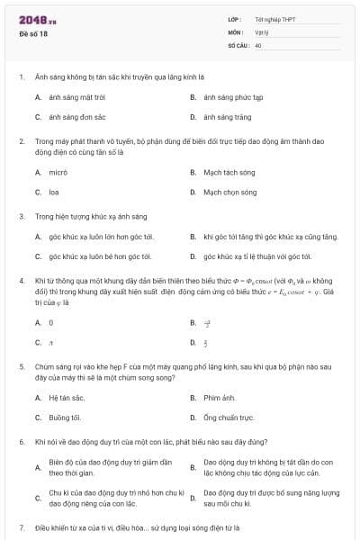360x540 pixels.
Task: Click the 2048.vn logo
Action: click(x=38, y=19)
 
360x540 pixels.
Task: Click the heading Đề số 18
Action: click(x=33, y=33)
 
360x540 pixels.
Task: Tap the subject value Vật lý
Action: click(x=261, y=31)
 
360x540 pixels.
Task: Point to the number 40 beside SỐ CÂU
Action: click(x=258, y=44)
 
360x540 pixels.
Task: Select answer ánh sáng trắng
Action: click(x=222, y=117)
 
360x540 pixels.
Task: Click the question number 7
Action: click(x=21, y=525)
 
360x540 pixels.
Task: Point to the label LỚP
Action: click(x=234, y=19)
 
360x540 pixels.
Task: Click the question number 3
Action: click(x=21, y=217)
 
